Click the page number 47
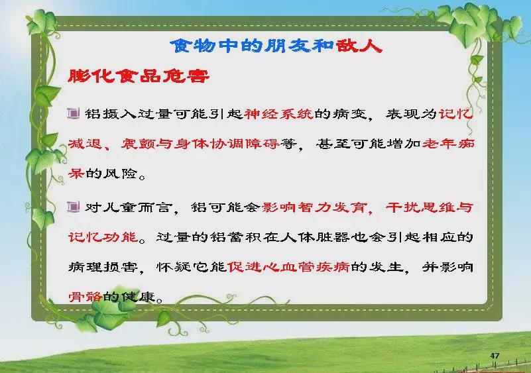pos(495,355)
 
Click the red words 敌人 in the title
pos(359,45)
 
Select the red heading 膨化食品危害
pos(139,76)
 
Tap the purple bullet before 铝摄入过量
pos(73,113)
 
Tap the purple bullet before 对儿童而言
pos(73,206)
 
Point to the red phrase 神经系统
pos(278,114)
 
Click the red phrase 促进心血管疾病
pos(289,267)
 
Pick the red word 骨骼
pos(85,297)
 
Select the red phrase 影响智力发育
pos(314,207)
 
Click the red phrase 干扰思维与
pos(429,207)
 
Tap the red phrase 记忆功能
pos(103,237)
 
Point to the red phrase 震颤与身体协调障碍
pos(200,144)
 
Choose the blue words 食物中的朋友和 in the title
pos(253,45)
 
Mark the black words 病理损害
pos(103,267)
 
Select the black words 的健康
pos(129,297)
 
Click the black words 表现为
pos(412,114)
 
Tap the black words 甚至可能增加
pos(369,144)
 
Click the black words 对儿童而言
pos(129,207)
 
